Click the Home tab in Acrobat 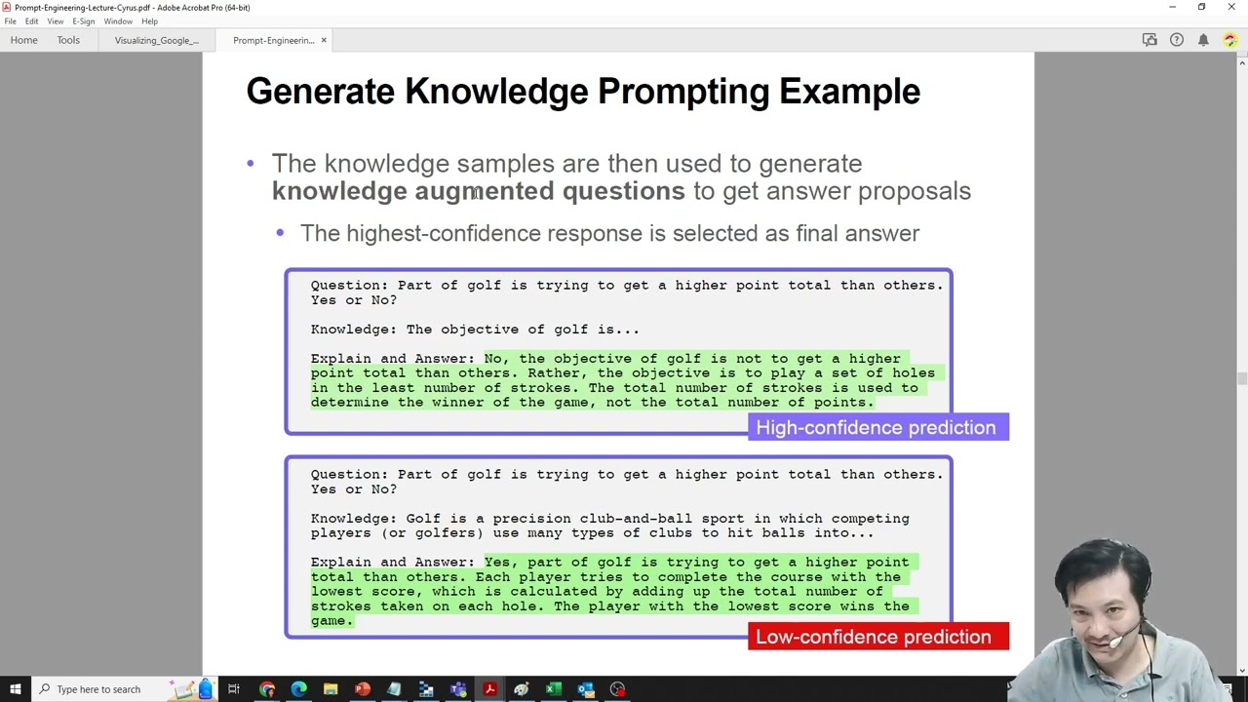point(24,40)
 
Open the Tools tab point(68,40)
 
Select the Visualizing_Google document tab point(157,41)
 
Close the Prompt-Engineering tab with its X point(324,40)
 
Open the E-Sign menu point(84,21)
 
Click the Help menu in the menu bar point(149,21)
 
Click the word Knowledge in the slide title point(496,92)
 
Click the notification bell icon point(1203,40)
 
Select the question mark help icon point(1177,40)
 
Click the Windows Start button point(15,689)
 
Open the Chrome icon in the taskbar point(267,689)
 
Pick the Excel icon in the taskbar point(554,689)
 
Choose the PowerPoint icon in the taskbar point(363,689)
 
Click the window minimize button point(1172,7)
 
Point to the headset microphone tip point(1114,643)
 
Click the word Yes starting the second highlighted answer point(497,563)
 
